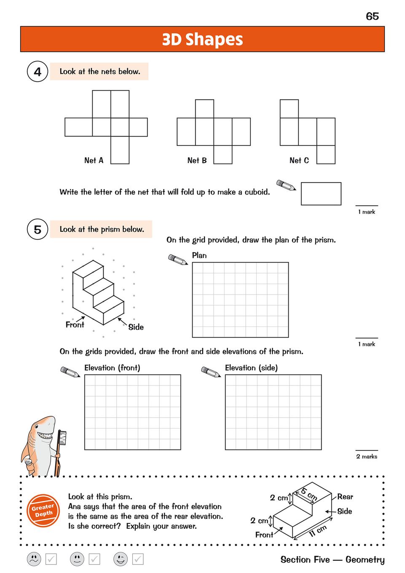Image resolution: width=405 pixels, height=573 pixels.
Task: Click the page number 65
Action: [372, 16]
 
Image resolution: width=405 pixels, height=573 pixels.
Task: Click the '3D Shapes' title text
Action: [202, 39]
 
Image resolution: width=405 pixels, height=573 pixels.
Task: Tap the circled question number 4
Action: [38, 72]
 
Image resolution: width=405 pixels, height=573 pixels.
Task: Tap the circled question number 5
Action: [38, 230]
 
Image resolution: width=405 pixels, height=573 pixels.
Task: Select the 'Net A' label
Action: [94, 160]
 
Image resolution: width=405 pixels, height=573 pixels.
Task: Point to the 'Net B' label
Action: [197, 160]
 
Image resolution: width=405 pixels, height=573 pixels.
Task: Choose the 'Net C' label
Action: [299, 160]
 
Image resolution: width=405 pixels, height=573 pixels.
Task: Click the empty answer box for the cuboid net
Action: [321, 194]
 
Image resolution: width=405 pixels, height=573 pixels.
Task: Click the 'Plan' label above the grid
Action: [199, 255]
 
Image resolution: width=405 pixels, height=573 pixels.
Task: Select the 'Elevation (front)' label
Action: [112, 368]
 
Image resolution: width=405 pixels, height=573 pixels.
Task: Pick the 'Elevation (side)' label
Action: [251, 368]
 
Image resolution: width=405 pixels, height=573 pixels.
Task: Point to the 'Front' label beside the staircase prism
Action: [75, 325]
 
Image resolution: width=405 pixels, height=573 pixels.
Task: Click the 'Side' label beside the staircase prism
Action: [136, 327]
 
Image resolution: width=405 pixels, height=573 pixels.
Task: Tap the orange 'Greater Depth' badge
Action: [43, 510]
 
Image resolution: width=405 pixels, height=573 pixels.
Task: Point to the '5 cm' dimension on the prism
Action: [309, 494]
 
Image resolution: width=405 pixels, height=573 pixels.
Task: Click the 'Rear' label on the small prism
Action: [345, 497]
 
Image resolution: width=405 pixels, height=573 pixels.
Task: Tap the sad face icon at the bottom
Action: [34, 559]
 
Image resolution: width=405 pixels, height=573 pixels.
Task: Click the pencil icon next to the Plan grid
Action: [177, 260]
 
